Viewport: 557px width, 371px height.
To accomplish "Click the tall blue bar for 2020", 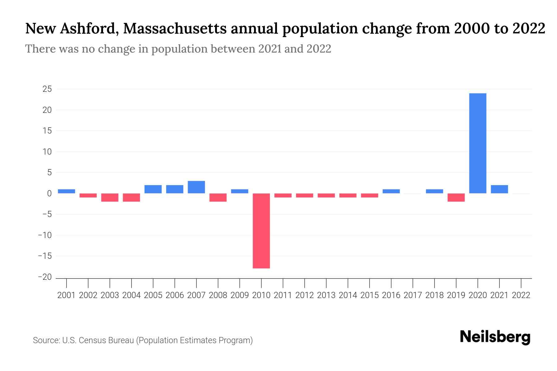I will [477, 143].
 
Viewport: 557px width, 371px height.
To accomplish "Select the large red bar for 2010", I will [261, 231].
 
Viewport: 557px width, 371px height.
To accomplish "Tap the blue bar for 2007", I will [196, 187].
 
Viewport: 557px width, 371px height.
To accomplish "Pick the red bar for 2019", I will [456, 197].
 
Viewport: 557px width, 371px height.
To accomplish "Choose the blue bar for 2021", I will [499, 189].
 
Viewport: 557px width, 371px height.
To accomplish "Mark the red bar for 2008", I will [218, 197].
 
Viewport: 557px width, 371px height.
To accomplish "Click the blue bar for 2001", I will [66, 191].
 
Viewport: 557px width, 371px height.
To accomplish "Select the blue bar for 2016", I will [391, 191].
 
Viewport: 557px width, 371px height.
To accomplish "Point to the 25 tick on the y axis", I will [47, 89].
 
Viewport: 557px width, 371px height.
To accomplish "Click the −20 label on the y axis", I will [45, 277].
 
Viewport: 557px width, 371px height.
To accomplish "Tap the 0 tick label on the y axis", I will [49, 194].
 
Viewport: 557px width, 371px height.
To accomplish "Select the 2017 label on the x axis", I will [412, 295].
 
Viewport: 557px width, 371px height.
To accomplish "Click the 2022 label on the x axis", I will [521, 295].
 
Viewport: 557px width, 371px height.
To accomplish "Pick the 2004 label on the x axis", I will [131, 295].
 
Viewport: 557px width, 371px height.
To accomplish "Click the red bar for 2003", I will [110, 197].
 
